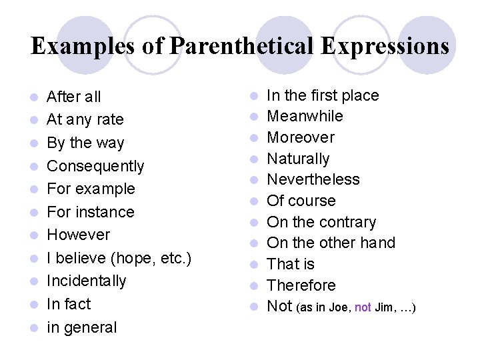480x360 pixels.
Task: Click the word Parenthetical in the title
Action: coord(241,46)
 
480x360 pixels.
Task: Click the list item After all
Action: coord(73,97)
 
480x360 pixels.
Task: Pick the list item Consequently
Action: coord(95,166)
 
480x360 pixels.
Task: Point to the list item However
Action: coord(78,235)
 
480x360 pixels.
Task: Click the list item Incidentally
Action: coord(86,281)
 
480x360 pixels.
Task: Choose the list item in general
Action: coord(81,327)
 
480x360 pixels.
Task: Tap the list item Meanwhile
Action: coord(305,116)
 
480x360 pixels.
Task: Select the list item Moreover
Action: coord(301,137)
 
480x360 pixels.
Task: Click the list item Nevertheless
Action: coord(313,179)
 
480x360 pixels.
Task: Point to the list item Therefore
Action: coord(301,285)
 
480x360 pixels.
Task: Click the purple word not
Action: coord(363,307)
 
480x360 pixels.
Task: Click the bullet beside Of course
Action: coord(254,201)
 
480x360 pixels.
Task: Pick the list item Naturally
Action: coord(298,159)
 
